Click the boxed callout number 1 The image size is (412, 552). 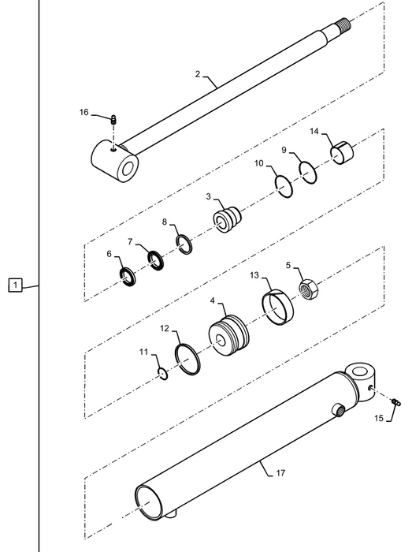coord(15,285)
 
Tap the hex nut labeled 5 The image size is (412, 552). coord(309,289)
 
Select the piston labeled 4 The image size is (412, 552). coord(229,336)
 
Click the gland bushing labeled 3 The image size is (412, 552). coord(228,219)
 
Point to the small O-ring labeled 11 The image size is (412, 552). coord(163,374)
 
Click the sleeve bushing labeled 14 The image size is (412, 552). coord(342,152)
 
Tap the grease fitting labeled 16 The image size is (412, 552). coord(113,119)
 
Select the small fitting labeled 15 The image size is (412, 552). coord(396,401)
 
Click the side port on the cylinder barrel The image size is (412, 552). coord(339,410)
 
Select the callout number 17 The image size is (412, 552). coord(280,473)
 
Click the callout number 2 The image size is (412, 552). coord(198,74)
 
